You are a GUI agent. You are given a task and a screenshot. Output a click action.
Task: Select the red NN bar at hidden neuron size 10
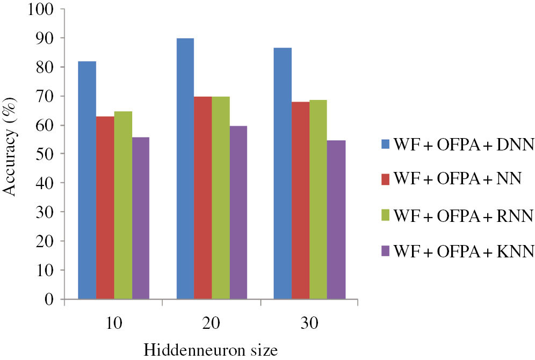coord(105,207)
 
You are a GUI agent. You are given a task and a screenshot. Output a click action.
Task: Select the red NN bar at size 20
coord(203,197)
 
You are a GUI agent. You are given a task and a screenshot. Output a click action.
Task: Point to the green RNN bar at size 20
coord(221,197)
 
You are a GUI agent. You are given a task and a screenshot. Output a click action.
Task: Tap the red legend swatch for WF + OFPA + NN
coord(384,179)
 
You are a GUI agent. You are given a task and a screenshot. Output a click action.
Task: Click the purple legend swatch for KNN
coord(384,250)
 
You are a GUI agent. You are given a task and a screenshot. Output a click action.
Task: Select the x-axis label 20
coord(212,324)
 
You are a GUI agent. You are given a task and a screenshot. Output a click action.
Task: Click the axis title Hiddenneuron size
coord(211,350)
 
